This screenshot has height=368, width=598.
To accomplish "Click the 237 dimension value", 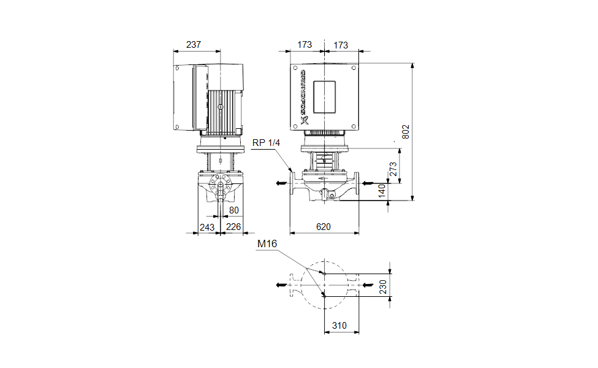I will pos(194,45).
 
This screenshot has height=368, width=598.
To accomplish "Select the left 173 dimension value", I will pos(305,45).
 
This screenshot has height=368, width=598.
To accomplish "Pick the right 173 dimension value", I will pos(341,45).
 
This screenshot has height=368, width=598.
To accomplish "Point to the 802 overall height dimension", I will pos(406,131).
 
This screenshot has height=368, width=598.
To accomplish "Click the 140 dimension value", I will pos(382,191).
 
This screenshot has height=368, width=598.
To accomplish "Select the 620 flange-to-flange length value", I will pos(324,226).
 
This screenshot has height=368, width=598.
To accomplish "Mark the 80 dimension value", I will pos(233,210).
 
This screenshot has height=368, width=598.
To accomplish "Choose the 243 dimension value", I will pos(208,226).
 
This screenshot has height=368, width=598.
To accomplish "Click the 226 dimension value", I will pos(233,226).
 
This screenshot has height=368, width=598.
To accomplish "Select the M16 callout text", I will pos(267,243).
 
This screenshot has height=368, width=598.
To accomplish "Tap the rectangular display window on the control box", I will pos(325,96).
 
